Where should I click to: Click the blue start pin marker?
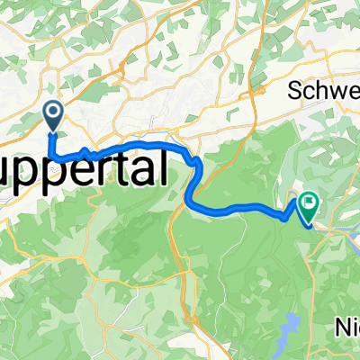tap(53, 114)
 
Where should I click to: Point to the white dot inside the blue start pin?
tap(53, 112)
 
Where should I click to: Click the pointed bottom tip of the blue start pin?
tap(53, 131)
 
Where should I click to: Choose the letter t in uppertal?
tap(127, 168)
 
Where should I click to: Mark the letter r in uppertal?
tap(112, 170)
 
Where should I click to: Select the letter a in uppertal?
tap(145, 170)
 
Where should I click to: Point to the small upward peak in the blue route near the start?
tap(85, 150)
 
